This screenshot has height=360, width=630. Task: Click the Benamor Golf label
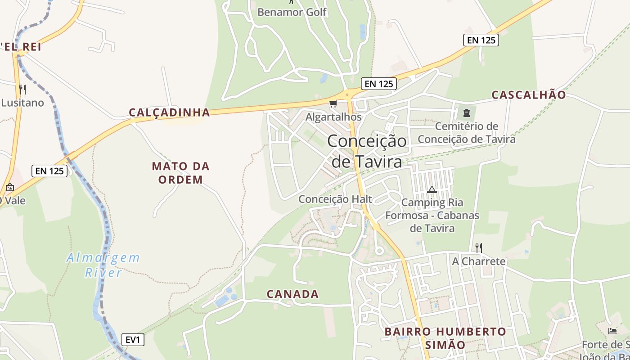coord(292,12)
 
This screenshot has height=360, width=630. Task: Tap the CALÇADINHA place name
coord(170,112)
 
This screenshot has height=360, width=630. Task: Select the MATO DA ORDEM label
coord(180,173)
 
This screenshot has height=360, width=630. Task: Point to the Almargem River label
coord(103,265)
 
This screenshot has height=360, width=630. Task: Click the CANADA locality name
coord(292,294)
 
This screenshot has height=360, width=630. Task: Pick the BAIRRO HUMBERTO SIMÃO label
coord(445,338)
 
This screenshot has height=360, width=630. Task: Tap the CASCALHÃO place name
coord(528,95)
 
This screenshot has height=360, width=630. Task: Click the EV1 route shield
coord(133,340)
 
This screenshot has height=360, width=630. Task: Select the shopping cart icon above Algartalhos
coord(333,104)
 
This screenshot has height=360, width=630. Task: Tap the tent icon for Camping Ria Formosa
coord(432,190)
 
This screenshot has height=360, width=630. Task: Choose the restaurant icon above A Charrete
coord(479,247)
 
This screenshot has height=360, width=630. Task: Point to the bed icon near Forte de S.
coord(612,331)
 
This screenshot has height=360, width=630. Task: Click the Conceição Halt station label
coord(335,199)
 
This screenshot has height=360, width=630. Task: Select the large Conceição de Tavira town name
coord(367,151)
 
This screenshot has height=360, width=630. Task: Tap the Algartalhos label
coord(333,117)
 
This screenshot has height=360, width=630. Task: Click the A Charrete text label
coord(479,261)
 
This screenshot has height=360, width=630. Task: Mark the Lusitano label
coord(22,103)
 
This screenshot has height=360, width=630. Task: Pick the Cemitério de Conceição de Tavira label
coord(467,133)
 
